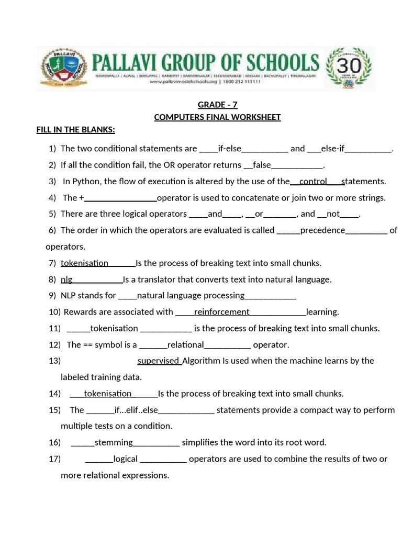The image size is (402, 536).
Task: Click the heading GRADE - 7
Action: pos(217,105)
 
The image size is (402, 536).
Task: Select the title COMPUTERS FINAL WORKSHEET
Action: pos(217,117)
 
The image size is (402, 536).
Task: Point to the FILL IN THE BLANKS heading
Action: pos(75,130)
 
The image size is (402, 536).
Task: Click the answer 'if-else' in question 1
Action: pos(229,149)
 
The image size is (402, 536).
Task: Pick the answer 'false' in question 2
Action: pos(262,165)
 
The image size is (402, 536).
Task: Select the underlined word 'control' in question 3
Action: pos(313,182)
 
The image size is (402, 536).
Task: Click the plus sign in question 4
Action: pos(82,198)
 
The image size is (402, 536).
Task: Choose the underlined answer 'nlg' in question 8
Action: pos(66,280)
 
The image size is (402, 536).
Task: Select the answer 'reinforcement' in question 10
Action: pos(221,312)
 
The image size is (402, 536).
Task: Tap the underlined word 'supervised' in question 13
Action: pos(159,361)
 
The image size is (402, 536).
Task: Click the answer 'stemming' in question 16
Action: pos(114,443)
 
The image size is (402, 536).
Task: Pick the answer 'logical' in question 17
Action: pos(125,459)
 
